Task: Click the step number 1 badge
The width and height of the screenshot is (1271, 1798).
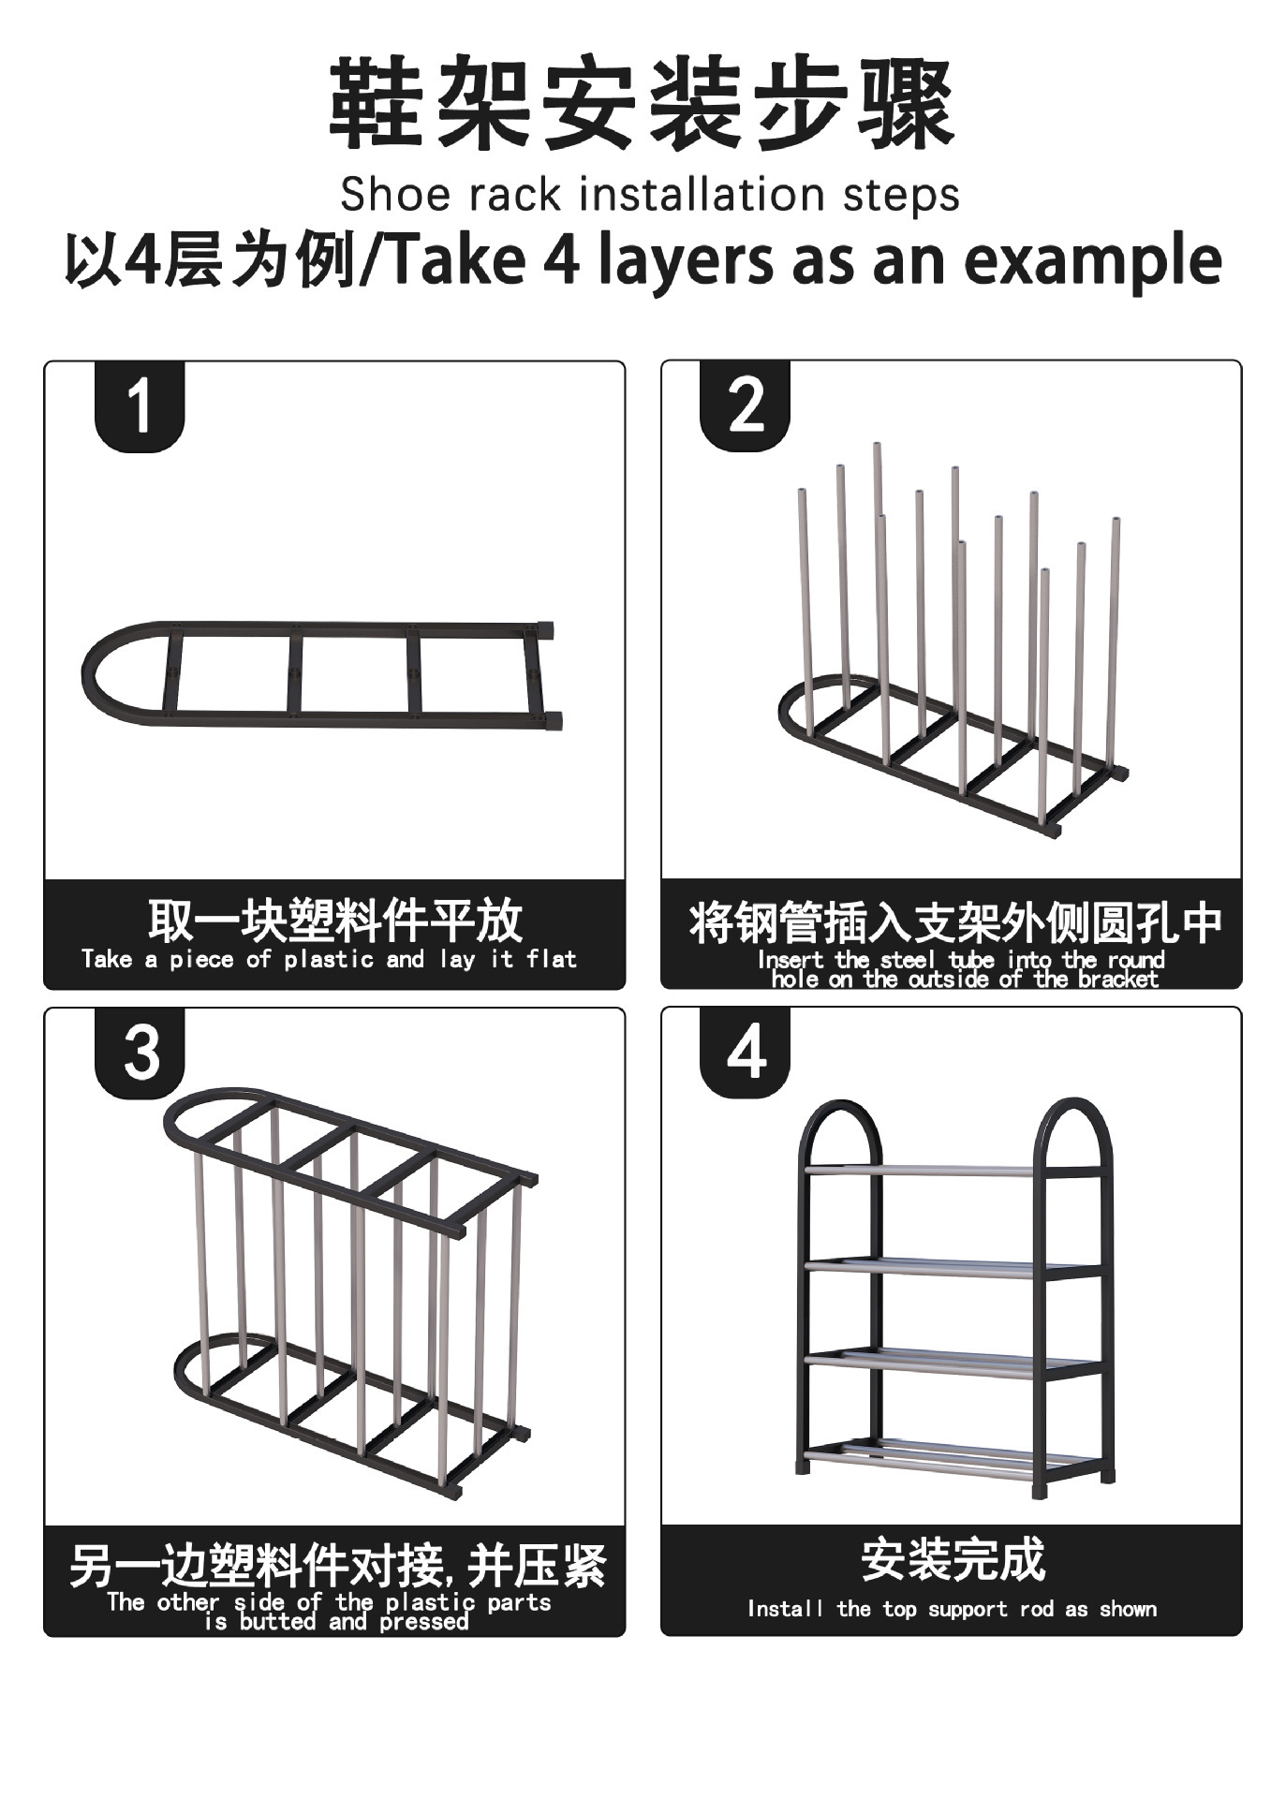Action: [140, 406]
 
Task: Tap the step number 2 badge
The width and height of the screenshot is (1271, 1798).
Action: [746, 406]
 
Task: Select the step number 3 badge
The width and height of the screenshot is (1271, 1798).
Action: [140, 1053]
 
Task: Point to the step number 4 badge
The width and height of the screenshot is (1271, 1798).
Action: [746, 1053]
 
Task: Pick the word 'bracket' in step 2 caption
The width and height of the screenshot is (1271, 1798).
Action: [1117, 980]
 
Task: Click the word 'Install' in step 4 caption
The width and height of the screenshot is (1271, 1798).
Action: [785, 1609]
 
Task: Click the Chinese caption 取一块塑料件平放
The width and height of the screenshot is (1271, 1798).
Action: [334, 921]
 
